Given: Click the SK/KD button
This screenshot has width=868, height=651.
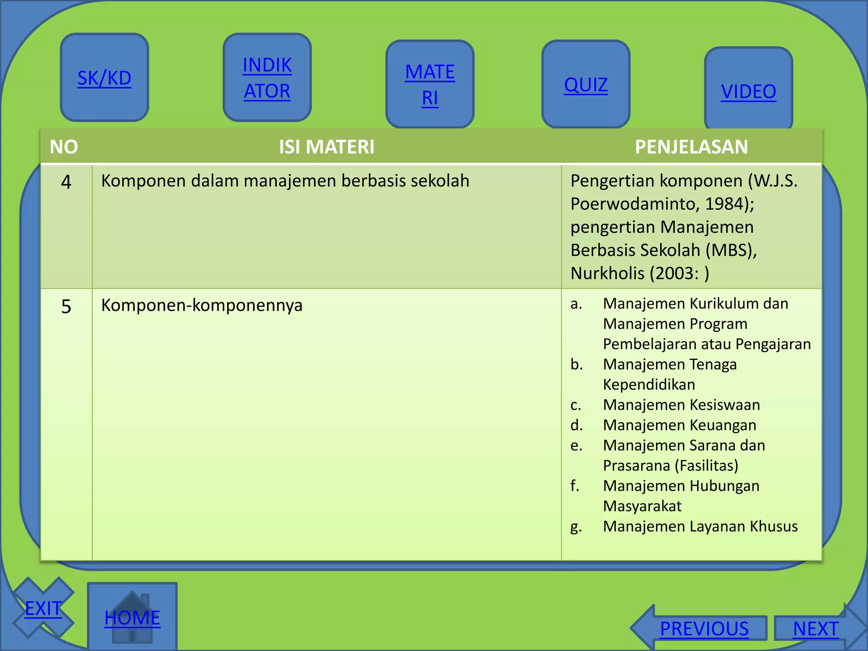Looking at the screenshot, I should tap(104, 78).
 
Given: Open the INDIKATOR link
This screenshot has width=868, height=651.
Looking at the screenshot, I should tap(267, 78).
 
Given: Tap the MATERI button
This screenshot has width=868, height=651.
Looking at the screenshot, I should tap(430, 84).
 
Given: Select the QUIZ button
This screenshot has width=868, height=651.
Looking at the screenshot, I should tap(586, 85).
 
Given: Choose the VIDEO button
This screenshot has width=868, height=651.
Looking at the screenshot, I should tap(748, 92).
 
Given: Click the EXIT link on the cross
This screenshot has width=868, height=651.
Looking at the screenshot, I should tap(43, 609).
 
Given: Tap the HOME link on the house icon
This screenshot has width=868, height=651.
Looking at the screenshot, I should tap(132, 618).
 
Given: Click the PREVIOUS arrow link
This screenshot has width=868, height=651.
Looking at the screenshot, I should tap(704, 629).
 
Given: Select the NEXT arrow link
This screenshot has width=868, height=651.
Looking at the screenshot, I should tap(815, 629).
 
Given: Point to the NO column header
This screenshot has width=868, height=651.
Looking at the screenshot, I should tap(64, 147).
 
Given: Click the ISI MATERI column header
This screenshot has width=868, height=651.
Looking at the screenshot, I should tap(326, 147).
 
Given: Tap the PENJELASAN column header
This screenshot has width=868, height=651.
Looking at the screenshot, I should tap(691, 147).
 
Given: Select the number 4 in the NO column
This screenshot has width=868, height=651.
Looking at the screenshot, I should tap(66, 182).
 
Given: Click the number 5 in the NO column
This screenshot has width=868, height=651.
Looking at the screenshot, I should tap(66, 306).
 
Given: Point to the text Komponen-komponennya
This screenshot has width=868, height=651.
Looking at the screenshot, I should tap(202, 306).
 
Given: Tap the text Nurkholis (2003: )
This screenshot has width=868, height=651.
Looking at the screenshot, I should tap(640, 273).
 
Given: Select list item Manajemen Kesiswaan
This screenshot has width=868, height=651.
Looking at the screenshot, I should tap(681, 405).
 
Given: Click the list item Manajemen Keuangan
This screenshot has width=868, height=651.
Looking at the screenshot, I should tap(679, 425).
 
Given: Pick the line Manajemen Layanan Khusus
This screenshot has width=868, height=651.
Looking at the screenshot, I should tap(700, 526).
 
